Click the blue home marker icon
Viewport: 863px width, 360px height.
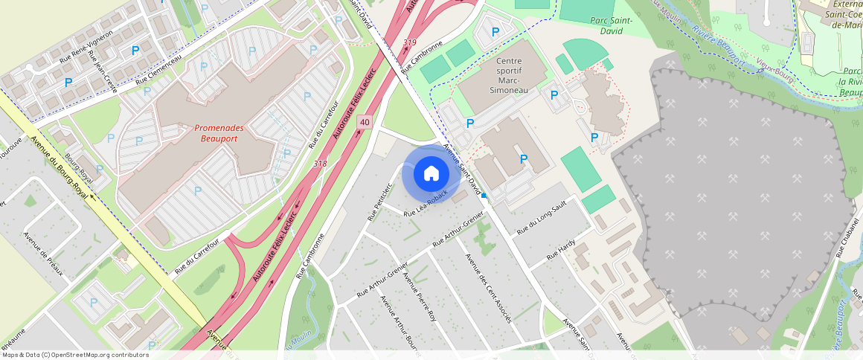431,174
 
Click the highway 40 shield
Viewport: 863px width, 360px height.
364,122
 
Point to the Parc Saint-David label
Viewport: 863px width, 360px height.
610,25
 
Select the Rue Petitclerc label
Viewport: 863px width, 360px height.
379,202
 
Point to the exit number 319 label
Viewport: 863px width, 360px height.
409,42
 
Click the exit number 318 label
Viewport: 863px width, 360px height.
320,164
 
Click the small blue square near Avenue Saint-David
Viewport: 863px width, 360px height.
484,196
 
